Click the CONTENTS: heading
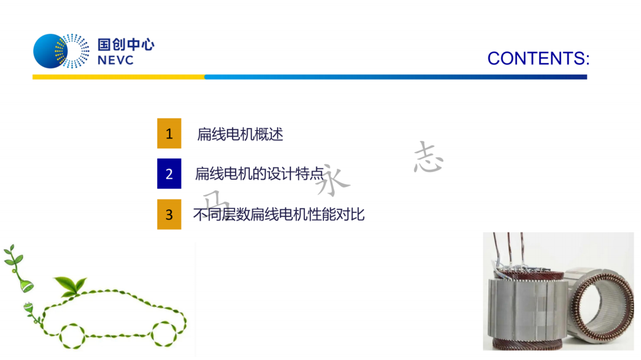[538, 59]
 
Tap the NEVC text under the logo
[116, 60]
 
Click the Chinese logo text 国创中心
[126, 44]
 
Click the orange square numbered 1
[169, 133]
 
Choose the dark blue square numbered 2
[169, 174]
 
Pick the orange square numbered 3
[169, 214]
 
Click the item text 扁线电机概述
[240, 134]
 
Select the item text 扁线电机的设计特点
[259, 174]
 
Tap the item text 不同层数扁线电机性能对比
[279, 214]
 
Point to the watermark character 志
[428, 157]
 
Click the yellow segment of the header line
[119, 77]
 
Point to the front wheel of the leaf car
[164, 334]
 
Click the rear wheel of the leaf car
[73, 336]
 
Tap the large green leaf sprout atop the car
[70, 285]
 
